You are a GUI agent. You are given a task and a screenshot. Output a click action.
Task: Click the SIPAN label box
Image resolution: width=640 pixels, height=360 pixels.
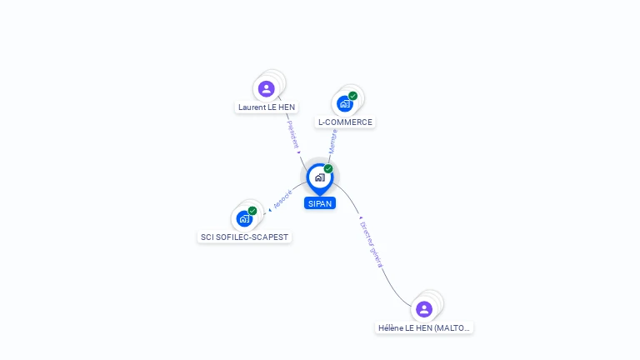pos(320,203)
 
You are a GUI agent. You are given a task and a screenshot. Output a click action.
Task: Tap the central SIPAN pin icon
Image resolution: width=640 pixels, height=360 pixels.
pos(319,177)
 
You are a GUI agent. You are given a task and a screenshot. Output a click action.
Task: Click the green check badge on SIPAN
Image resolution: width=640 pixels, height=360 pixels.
pos(328,169)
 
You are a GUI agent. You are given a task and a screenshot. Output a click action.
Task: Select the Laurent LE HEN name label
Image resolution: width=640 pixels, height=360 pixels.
pos(267,107)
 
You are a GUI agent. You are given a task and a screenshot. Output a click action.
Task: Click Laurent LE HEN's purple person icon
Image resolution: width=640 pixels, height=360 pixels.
pos(267,88)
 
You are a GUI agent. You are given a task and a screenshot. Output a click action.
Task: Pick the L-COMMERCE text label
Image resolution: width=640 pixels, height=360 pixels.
pos(345,122)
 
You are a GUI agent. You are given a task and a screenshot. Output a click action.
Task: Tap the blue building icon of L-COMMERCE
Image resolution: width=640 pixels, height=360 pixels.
pos(344,103)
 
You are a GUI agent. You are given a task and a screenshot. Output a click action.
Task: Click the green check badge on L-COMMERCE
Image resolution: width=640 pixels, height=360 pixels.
pos(352,96)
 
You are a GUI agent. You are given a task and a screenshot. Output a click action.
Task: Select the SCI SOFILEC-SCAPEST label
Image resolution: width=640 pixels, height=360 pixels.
pos(244,237)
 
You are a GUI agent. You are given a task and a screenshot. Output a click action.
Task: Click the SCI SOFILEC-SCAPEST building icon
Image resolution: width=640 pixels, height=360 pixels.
pos(244,218)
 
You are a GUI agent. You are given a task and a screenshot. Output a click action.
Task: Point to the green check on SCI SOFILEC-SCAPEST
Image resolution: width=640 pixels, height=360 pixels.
pos(252,211)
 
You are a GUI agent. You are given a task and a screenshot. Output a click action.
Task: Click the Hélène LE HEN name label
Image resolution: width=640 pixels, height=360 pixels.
pos(424,328)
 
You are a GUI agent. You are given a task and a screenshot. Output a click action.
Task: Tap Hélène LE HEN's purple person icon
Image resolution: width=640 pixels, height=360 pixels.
pos(424,309)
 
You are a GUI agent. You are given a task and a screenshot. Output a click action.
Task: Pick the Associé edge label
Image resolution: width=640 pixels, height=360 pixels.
pos(282,200)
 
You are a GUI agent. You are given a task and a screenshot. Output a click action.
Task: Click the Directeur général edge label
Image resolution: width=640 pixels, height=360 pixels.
pos(371,242)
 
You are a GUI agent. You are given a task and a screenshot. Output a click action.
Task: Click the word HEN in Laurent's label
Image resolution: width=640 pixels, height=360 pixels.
pos(286,107)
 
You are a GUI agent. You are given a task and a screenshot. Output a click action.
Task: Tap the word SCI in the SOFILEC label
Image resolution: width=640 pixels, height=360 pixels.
pos(207,237)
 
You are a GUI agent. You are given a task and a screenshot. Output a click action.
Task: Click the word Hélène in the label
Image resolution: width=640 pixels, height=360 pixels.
pos(391,328)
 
